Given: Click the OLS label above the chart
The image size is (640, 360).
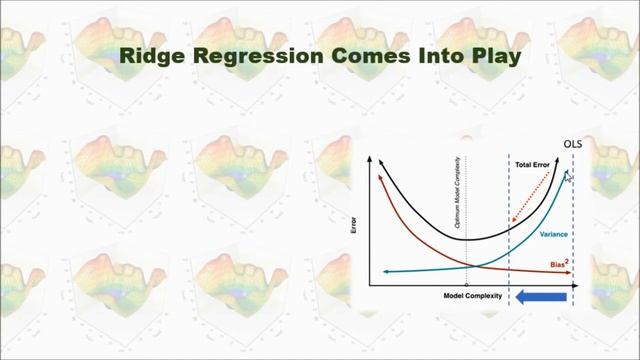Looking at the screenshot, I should (572, 144).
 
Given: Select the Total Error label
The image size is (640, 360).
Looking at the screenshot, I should (535, 164).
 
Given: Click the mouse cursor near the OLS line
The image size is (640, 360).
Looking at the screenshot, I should (568, 177).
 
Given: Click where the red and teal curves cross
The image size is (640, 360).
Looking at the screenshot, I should (471, 264).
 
